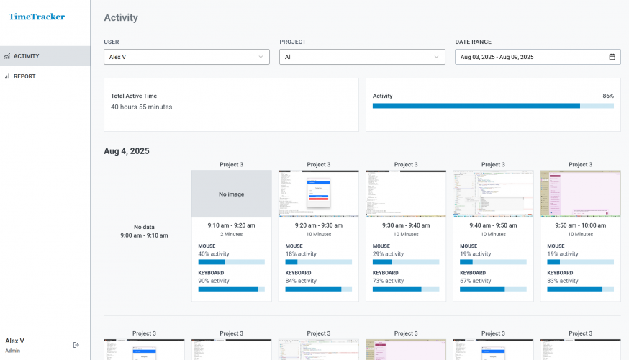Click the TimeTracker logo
(x=37, y=17)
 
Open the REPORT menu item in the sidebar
(x=24, y=76)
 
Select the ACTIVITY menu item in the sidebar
(x=26, y=56)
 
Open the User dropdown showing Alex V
(x=186, y=57)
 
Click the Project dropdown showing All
(x=362, y=57)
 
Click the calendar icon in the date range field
(x=612, y=57)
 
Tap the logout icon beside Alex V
(x=76, y=345)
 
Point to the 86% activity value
(x=608, y=96)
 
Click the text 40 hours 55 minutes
(x=141, y=107)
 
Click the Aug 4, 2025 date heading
(x=127, y=151)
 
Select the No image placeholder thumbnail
(x=231, y=194)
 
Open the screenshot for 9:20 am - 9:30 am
(x=318, y=194)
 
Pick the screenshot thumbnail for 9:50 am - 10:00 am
(x=580, y=194)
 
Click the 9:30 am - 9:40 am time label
(x=405, y=225)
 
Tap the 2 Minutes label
(x=231, y=234)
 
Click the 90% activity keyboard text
(x=214, y=281)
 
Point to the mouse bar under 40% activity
(x=231, y=262)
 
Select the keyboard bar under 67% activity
(x=492, y=289)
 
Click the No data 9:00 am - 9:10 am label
(x=144, y=231)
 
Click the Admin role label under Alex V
(x=13, y=351)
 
